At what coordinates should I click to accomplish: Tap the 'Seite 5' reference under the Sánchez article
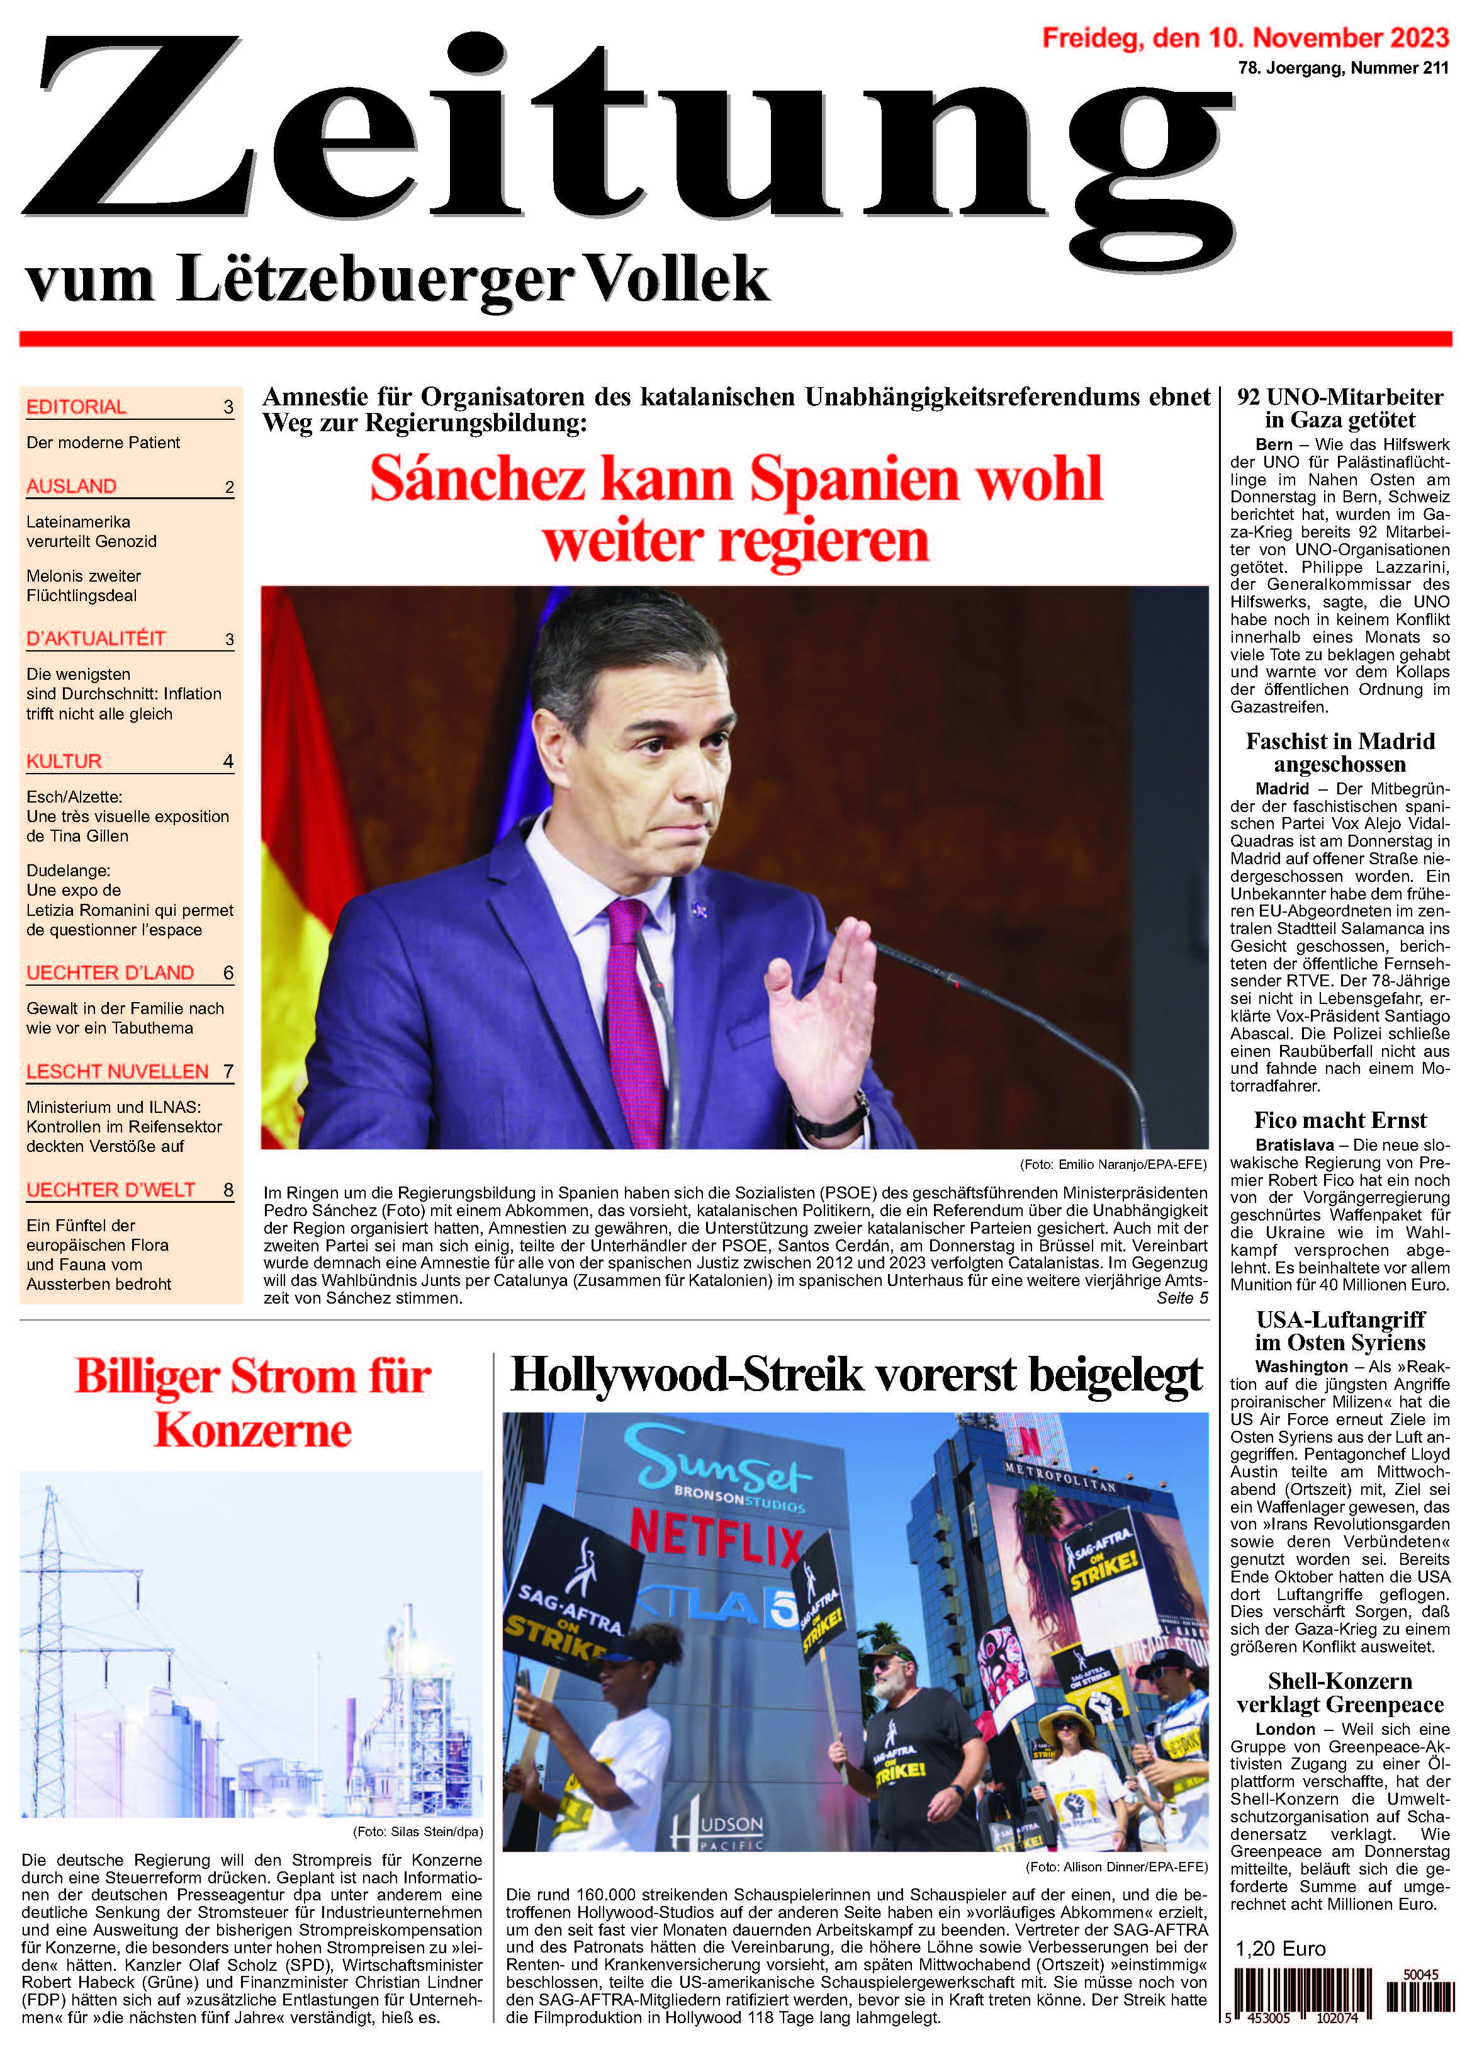(x=1181, y=1298)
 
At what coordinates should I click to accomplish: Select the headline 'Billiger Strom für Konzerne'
(x=253, y=1404)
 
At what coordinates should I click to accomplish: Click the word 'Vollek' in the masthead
(x=678, y=279)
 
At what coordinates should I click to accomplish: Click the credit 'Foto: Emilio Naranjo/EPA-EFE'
(x=1112, y=1164)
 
